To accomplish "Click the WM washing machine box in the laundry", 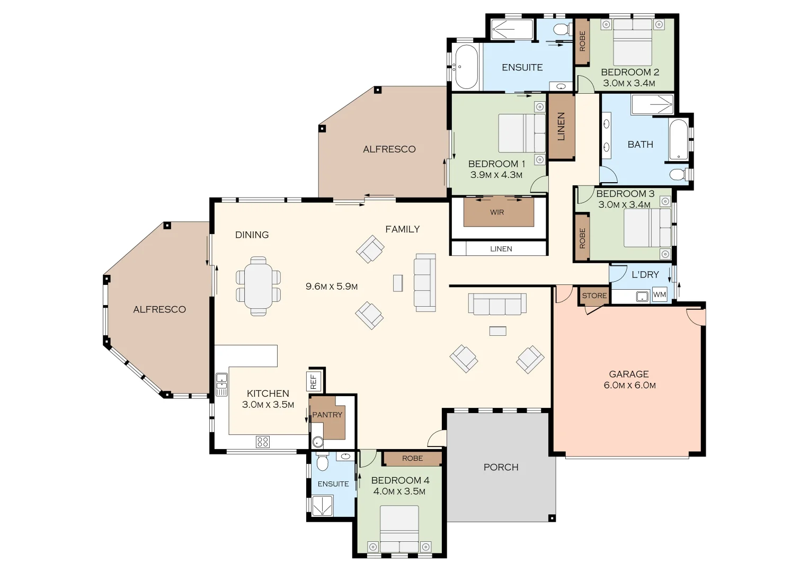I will point(660,295).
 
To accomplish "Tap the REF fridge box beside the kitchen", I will point(313,381).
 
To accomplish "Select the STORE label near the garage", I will point(594,296).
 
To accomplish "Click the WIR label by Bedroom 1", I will point(497,212).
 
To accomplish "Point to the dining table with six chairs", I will point(258,286).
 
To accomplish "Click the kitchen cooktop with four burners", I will point(263,441).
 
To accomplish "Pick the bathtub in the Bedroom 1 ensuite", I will point(466,67).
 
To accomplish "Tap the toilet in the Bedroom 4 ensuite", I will point(322,463).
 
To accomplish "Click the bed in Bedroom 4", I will point(399,529).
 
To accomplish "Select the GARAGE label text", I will point(629,374).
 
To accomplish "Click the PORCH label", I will point(501,467).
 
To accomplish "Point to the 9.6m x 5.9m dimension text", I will point(332,287).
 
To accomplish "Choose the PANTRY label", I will point(327,415).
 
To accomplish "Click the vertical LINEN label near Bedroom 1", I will point(561,127).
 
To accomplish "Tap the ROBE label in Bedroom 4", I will point(412,458).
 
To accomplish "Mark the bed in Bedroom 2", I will point(633,42).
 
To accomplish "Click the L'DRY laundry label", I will point(645,274).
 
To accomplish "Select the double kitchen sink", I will point(221,385).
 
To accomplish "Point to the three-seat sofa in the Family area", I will point(424,282).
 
